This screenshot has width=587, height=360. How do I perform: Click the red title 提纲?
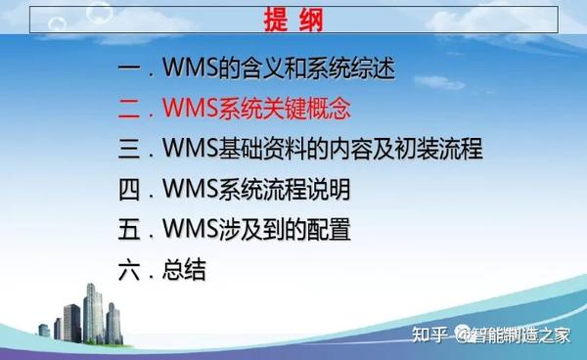(x=293, y=21)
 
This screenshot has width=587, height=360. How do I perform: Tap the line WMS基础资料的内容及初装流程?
(x=322, y=151)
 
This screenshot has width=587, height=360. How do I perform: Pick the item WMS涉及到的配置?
(x=269, y=231)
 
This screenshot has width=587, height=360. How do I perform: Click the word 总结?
(x=185, y=271)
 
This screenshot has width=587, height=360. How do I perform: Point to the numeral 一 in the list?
(x=127, y=70)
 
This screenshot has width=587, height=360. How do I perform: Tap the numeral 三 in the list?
(x=127, y=151)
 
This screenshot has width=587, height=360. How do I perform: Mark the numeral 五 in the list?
(x=127, y=231)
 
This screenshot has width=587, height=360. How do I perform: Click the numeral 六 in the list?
(x=127, y=271)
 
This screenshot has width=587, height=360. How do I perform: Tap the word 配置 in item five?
(x=327, y=231)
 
